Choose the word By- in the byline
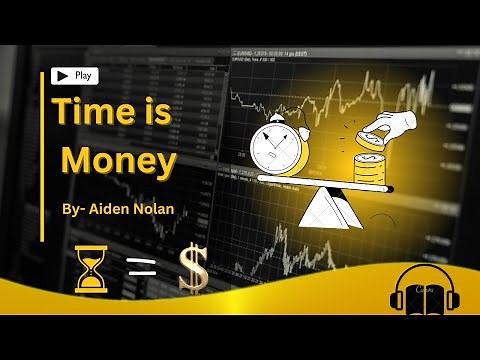73,208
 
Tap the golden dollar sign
193,269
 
